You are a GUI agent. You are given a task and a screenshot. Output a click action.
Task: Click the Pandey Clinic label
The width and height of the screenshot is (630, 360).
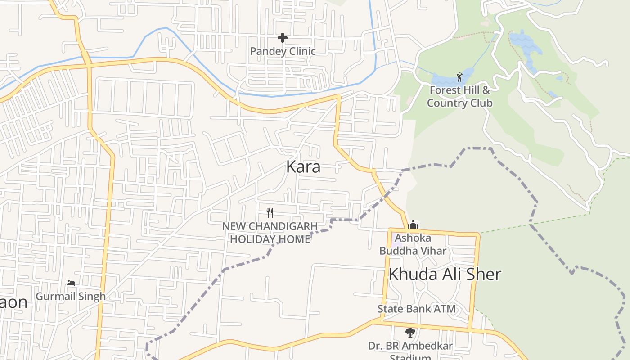(x=283, y=51)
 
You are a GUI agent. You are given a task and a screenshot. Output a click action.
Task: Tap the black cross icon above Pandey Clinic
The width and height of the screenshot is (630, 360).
(x=283, y=38)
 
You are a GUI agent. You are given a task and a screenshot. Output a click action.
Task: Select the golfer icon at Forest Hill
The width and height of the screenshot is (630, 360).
(x=459, y=77)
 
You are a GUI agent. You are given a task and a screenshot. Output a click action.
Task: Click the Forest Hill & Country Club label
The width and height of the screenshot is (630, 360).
(x=459, y=96)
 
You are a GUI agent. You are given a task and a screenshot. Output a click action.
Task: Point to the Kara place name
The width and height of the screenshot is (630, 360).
(x=303, y=167)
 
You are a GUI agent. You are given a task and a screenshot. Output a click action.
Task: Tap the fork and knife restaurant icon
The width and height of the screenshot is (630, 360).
(x=270, y=212)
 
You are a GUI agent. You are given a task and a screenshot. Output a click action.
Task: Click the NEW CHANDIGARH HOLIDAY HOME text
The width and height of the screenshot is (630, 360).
(x=270, y=232)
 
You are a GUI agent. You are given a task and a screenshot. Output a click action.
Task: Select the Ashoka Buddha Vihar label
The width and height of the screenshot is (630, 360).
(x=413, y=244)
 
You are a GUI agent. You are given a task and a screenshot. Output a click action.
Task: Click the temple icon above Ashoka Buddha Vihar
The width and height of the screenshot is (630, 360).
(x=413, y=225)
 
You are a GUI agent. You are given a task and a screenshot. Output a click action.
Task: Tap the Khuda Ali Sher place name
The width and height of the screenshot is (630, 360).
(x=445, y=274)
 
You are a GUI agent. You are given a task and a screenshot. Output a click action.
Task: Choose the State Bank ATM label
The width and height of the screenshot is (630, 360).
(x=416, y=309)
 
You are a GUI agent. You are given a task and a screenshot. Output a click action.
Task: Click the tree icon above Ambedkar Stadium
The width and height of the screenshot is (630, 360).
(x=410, y=333)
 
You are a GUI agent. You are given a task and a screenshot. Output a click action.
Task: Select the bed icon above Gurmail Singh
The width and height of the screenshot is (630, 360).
(x=71, y=283)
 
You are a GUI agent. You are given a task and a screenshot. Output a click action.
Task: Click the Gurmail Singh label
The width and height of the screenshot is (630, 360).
(x=71, y=297)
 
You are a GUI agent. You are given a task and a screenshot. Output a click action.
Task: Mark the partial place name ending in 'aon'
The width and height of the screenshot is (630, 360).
(x=13, y=302)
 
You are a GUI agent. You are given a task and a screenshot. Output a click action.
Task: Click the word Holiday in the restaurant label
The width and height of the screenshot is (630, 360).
(x=251, y=239)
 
